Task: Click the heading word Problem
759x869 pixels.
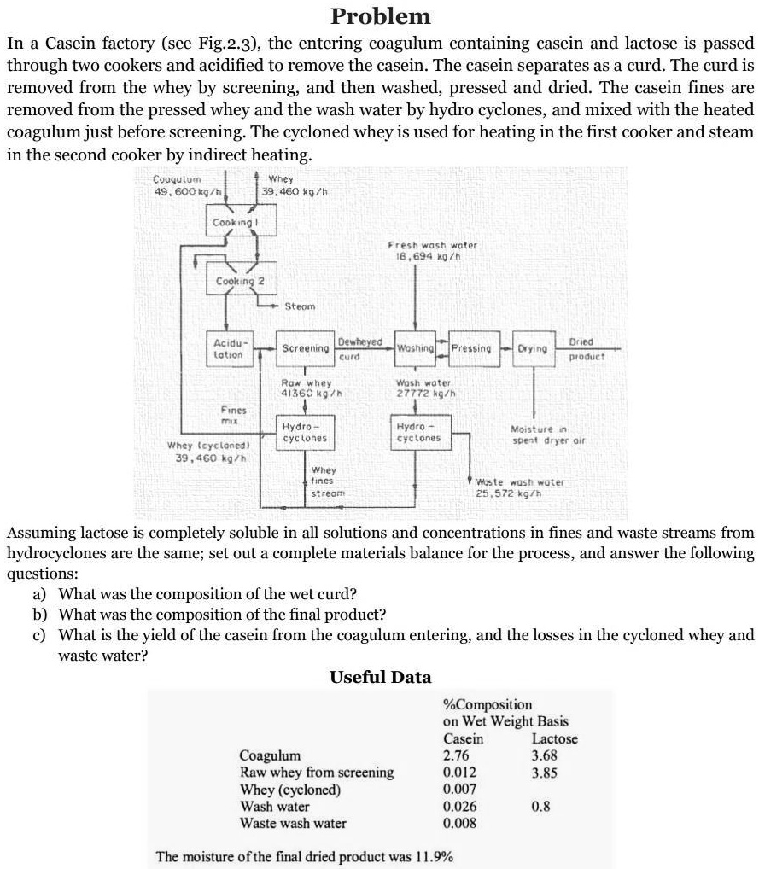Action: [381, 16]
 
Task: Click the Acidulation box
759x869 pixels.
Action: [227, 348]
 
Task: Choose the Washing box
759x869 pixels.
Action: [417, 348]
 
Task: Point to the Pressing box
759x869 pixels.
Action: [471, 348]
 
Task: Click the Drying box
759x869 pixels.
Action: [531, 348]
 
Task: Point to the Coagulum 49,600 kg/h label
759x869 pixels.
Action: [178, 184]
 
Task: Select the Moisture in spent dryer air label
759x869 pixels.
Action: [543, 433]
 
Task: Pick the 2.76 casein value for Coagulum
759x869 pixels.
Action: [456, 755]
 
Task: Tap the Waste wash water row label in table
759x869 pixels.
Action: [294, 823]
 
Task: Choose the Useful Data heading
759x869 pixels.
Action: [380, 677]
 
